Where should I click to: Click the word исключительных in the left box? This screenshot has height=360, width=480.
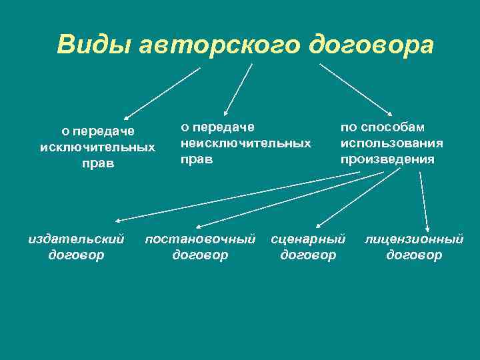pos(97,146)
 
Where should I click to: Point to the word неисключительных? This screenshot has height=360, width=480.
pos(246,143)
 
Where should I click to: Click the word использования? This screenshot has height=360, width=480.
pos(391,143)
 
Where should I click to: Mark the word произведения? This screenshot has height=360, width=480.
pos(387,159)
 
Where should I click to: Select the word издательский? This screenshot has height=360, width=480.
pos(76,239)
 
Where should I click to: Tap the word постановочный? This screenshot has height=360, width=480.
pos(200,239)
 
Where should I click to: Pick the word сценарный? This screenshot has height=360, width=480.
pos(308,239)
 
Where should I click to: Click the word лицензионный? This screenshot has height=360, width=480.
pos(413,239)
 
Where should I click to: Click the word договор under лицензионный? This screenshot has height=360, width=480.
pos(413,255)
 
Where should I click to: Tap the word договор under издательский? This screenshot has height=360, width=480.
pos(76,255)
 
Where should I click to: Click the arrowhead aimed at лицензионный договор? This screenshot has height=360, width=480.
pos(427,227)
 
